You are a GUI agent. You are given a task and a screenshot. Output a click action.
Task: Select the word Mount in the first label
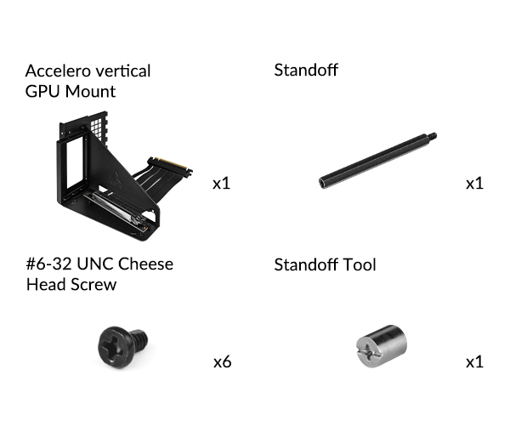pos(90,91)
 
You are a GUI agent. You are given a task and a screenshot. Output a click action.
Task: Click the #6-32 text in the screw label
pos(48,264)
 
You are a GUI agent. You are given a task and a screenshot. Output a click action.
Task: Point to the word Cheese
pos(145,264)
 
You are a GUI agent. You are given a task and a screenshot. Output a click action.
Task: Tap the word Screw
pos(93,285)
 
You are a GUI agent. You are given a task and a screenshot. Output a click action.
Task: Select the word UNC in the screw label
pos(95,264)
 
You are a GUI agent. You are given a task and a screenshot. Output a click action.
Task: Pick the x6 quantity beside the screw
pos(223,362)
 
